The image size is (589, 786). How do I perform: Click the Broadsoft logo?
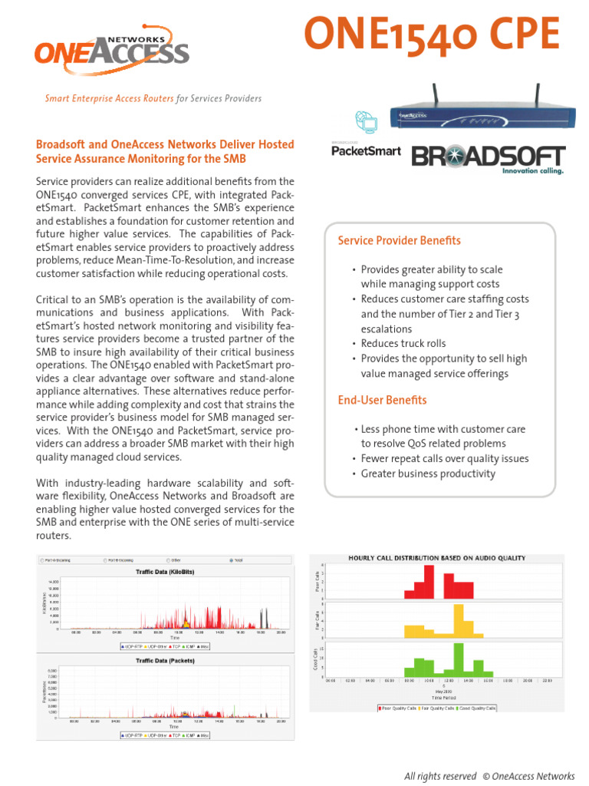tap(489, 157)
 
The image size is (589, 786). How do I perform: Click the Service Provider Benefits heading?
tap(400, 241)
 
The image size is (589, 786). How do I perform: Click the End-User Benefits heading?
tap(382, 400)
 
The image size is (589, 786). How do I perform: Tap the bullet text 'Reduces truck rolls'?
tap(403, 344)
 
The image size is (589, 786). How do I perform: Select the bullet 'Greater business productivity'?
tap(417, 474)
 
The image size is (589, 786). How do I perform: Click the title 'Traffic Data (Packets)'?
tap(165, 660)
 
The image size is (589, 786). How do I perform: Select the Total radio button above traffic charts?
tap(232, 560)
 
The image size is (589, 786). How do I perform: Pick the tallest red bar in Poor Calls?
tap(429, 582)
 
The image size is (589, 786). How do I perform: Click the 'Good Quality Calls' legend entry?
tap(476, 708)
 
